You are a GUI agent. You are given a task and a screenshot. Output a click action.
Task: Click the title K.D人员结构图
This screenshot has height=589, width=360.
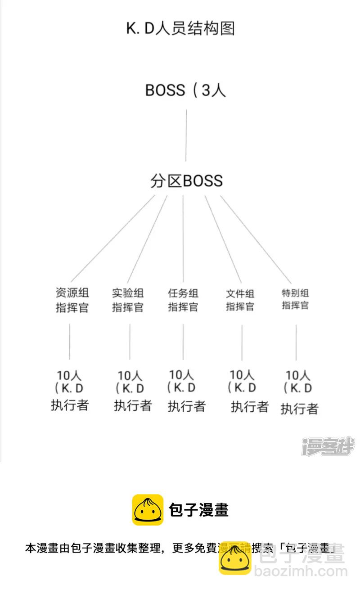180,28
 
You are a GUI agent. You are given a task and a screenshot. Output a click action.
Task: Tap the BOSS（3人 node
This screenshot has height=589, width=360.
185,90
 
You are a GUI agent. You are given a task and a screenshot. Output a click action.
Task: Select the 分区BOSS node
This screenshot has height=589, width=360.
186,181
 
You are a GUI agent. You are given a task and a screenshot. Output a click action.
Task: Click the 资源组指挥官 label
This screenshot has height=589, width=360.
72,301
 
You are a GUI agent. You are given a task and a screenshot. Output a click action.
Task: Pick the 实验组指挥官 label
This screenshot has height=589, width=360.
128,301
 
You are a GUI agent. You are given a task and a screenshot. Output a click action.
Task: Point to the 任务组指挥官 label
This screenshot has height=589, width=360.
183,301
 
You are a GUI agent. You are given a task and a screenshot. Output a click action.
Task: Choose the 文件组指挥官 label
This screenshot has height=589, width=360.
240,301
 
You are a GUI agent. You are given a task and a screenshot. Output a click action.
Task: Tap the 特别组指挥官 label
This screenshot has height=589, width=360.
295,299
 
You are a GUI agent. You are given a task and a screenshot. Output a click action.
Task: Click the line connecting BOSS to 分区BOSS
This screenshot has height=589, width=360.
186,135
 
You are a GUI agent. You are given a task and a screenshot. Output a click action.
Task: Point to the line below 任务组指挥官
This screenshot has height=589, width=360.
183,342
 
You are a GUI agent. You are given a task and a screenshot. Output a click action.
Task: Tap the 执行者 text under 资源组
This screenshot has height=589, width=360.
69,405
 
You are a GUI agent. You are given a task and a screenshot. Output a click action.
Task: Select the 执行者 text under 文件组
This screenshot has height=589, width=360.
250,407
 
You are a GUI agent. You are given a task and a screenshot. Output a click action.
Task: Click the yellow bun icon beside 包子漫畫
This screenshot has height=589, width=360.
148,510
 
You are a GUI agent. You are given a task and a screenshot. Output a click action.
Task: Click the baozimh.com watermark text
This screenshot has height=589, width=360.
301,572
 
